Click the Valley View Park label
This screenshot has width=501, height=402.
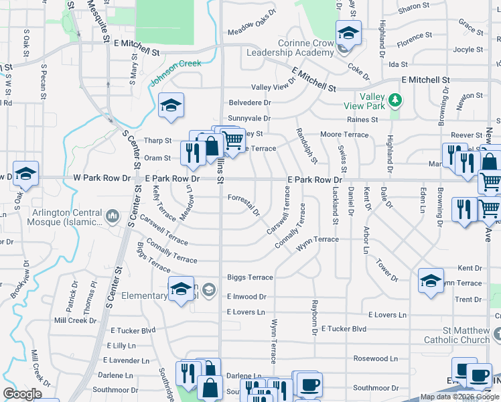[x=372, y=101]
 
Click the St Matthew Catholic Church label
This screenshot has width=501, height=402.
[x=457, y=335]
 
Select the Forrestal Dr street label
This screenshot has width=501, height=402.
[x=244, y=204]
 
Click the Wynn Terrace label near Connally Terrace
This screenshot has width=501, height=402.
[x=318, y=239]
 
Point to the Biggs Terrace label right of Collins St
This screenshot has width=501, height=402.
[x=250, y=277]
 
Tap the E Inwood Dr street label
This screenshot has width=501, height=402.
[x=246, y=296]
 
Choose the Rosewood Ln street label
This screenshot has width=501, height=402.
[x=376, y=358]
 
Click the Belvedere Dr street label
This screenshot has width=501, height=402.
[x=249, y=103]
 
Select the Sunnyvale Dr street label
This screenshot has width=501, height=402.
[x=248, y=118]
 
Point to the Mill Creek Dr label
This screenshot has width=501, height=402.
[x=75, y=320]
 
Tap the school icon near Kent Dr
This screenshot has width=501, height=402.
[x=431, y=279]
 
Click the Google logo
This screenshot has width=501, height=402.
[x=23, y=394]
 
